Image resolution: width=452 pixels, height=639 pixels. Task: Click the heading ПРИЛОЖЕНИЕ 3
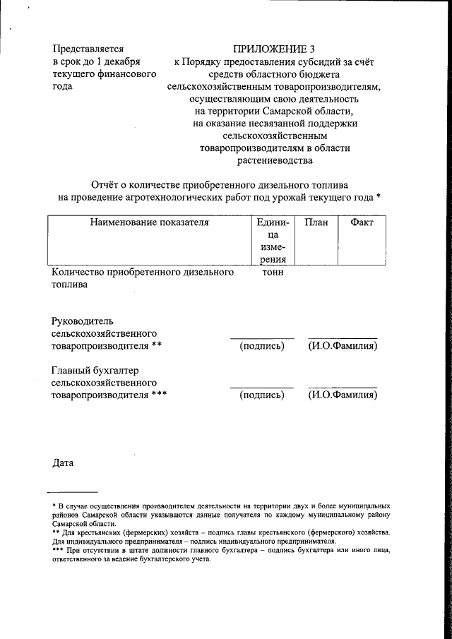[273, 49]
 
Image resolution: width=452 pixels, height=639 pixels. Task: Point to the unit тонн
[273, 273]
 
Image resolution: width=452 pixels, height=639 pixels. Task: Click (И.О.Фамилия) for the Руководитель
[343, 346]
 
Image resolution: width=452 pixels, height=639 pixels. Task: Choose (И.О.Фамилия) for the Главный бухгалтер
[343, 395]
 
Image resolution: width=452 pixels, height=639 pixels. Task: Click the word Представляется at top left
[88, 49]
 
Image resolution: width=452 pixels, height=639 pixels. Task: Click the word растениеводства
[275, 161]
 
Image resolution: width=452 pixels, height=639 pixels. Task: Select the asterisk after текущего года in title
[379, 197]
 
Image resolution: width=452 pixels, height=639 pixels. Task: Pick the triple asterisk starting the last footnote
[59, 549]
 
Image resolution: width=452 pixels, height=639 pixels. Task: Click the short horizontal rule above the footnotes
[73, 491]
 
